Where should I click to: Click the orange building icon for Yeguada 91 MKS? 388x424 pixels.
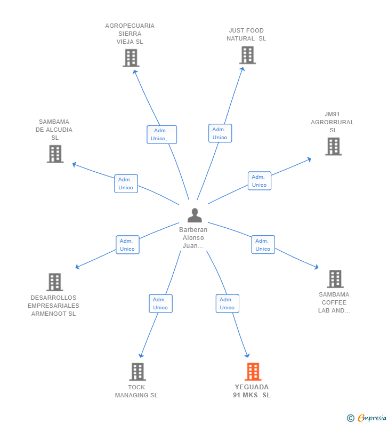[253, 372]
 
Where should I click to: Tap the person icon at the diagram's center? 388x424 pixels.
[195, 215]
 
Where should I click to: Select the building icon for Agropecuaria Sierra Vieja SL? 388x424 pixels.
[131, 58]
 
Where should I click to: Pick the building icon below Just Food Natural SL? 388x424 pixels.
[247, 55]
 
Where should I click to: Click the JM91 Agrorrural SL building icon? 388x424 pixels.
[333, 146]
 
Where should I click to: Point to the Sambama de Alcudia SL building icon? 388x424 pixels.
[55, 154]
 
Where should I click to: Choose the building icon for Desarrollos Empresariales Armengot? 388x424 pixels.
[54, 282]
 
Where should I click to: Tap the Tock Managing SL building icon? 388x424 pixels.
[138, 372]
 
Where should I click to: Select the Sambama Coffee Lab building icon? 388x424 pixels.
[335, 279]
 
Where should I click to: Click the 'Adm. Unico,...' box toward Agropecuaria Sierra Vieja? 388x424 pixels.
[161, 134]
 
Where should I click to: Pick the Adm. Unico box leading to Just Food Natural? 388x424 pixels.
[220, 133]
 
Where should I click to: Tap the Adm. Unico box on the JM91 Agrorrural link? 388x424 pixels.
[259, 181]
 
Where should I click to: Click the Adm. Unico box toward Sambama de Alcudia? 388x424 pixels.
[126, 183]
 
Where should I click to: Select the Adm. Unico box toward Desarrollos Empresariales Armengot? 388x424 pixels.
[127, 245]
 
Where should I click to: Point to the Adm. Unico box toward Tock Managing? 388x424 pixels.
[160, 303]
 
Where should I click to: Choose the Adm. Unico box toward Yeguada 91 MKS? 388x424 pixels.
[227, 303]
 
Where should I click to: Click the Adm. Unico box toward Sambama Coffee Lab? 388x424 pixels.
[263, 245]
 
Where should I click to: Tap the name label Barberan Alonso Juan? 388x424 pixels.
[193, 238]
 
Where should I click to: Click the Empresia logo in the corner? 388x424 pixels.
[367, 418]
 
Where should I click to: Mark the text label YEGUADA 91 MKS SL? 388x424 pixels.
[252, 391]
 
